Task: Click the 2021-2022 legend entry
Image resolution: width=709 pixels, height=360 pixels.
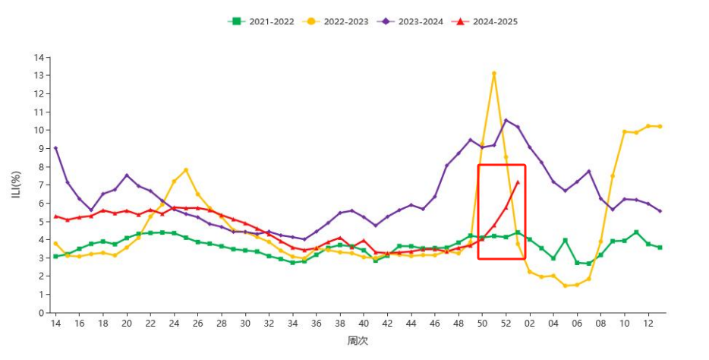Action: pyautogui.click(x=261, y=21)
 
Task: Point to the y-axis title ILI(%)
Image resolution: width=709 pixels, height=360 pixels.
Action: pyautogui.click(x=17, y=185)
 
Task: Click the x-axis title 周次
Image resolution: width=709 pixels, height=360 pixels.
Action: pyautogui.click(x=358, y=341)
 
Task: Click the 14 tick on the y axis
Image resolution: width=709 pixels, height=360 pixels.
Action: pyautogui.click(x=39, y=57)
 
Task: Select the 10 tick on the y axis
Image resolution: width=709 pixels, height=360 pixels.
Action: pyautogui.click(x=39, y=130)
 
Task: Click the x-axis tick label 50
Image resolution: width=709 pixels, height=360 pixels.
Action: pyautogui.click(x=481, y=324)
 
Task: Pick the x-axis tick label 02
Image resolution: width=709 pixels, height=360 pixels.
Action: pyautogui.click(x=529, y=324)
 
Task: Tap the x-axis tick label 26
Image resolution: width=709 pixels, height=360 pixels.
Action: pyautogui.click(x=197, y=324)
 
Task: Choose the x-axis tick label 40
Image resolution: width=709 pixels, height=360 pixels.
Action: pyautogui.click(x=363, y=324)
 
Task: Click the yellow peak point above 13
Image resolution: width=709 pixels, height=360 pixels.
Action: pyautogui.click(x=493, y=74)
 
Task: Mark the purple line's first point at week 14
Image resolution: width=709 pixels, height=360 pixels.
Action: pyautogui.click(x=55, y=148)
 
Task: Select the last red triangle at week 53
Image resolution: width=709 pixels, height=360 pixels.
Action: pyautogui.click(x=518, y=182)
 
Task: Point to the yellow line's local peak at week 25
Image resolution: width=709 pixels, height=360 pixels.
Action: pyautogui.click(x=185, y=170)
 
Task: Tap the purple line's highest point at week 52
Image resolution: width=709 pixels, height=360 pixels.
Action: pyautogui.click(x=506, y=120)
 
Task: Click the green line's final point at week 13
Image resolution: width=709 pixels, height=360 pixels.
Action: pyautogui.click(x=660, y=248)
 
